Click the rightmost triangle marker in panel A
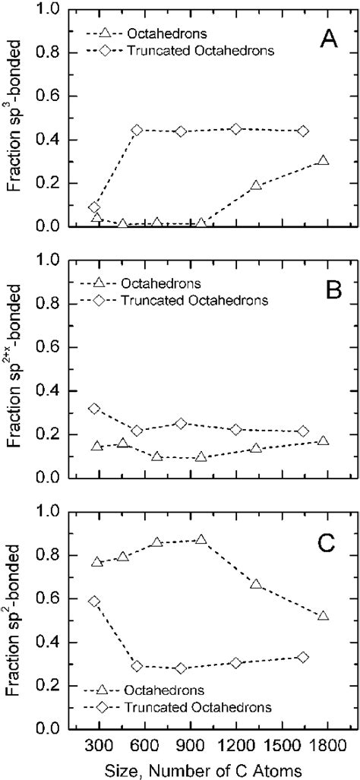[x=323, y=161]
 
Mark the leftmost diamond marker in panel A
[x=94, y=207]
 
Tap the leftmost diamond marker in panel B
[x=94, y=409]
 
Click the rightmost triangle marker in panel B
[x=323, y=441]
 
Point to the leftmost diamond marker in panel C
[x=94, y=601]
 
